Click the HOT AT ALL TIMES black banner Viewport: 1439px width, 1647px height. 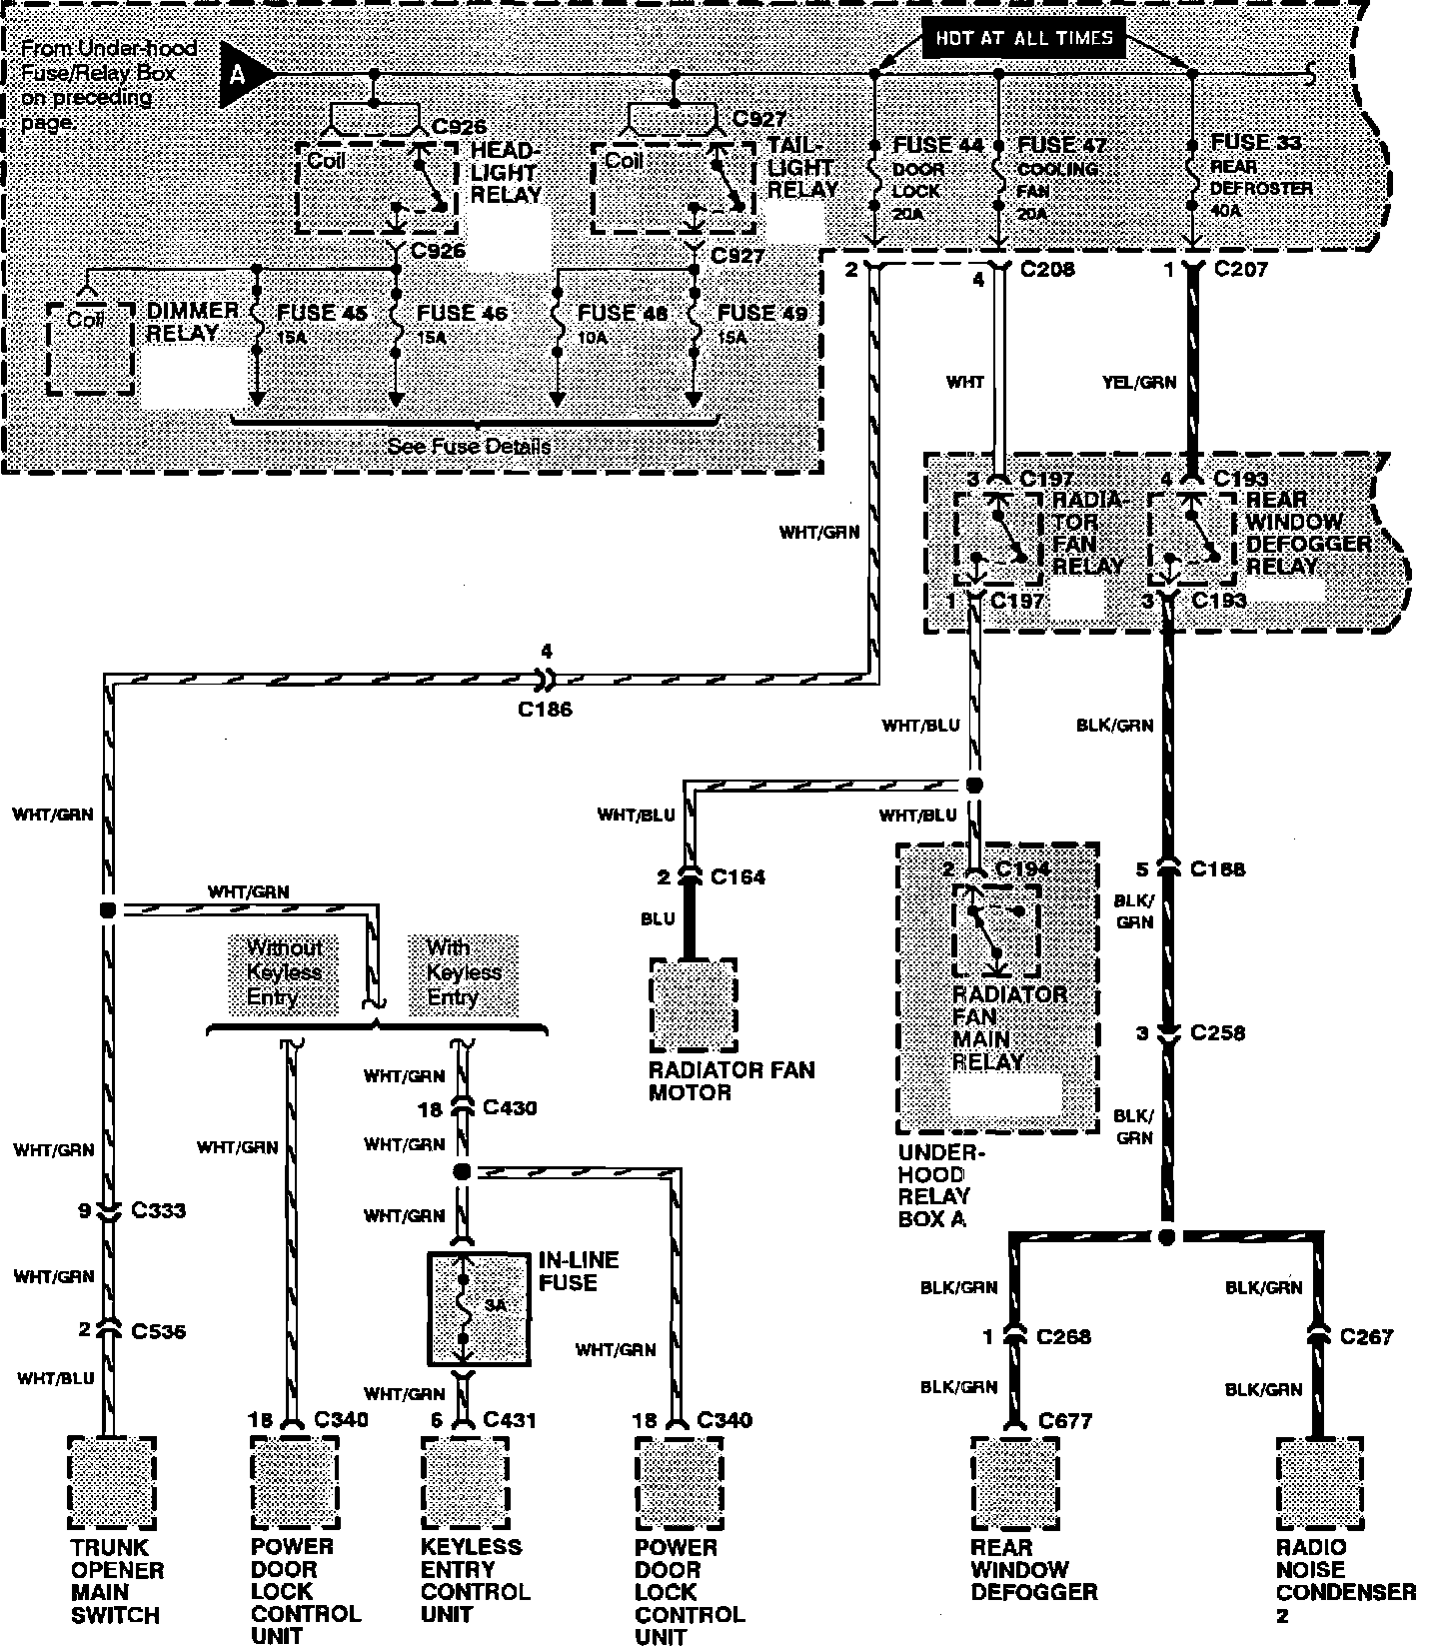pos(1024,39)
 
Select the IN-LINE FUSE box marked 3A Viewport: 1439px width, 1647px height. pos(479,1308)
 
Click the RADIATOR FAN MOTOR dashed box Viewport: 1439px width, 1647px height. pos(693,1005)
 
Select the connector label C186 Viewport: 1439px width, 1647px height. pos(545,710)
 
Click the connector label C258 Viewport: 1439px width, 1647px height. pos(1217,1032)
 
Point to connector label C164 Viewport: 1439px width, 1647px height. pos(737,877)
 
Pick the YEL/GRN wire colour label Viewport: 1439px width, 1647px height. pos(1138,382)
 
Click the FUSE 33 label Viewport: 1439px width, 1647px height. pos(1256,143)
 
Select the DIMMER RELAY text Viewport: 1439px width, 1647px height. pos(192,322)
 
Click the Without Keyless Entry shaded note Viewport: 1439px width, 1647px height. pos(284,971)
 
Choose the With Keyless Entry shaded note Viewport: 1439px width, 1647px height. pos(464,971)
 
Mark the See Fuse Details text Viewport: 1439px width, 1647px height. pos(469,446)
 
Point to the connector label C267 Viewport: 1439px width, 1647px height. pos(1366,1336)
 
